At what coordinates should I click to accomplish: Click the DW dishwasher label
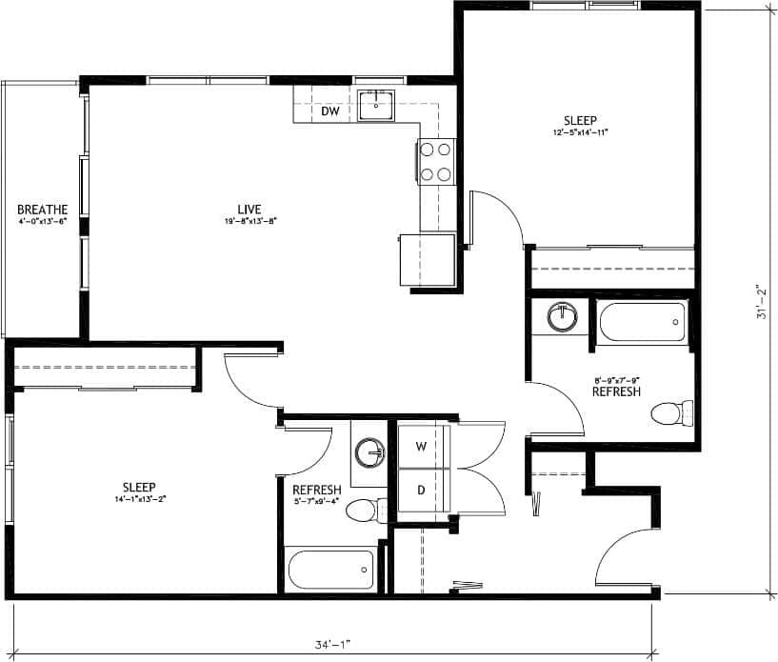click(329, 111)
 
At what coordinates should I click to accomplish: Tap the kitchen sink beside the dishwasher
click(378, 107)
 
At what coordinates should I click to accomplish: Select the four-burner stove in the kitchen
click(436, 161)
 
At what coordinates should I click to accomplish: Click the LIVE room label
click(249, 210)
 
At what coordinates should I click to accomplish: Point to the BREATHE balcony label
click(43, 210)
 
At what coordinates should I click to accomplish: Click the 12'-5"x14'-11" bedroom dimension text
click(579, 132)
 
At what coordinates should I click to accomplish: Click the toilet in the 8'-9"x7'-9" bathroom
click(672, 413)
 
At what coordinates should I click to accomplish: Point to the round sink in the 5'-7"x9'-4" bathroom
click(369, 452)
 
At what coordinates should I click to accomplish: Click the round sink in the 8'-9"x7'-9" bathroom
click(563, 316)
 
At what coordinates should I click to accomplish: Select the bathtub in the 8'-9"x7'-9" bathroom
click(643, 322)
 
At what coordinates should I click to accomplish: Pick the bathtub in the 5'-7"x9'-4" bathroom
click(330, 570)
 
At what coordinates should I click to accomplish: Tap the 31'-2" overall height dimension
click(761, 301)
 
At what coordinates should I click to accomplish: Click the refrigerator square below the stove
click(428, 260)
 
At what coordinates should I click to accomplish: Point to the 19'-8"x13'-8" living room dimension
click(249, 222)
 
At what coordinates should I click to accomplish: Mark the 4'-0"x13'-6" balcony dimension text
click(43, 221)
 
